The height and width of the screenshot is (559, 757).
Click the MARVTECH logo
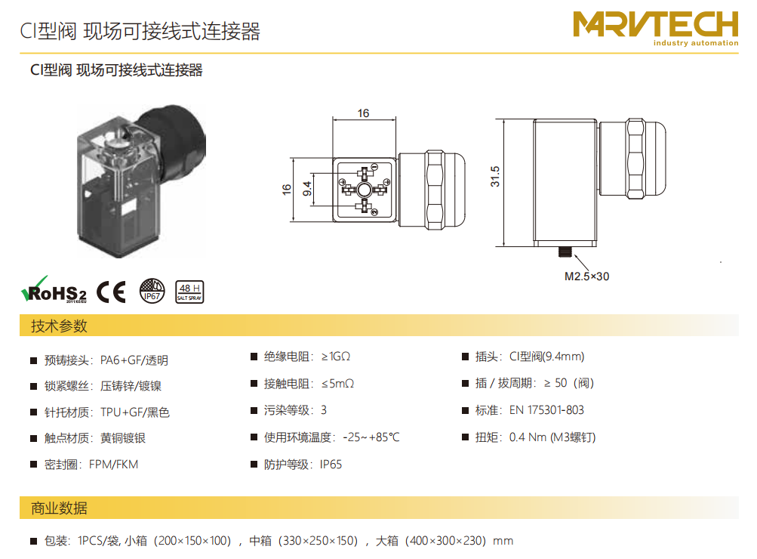(656, 28)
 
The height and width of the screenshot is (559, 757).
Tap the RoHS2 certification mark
(54, 290)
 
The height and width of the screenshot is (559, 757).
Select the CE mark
(111, 292)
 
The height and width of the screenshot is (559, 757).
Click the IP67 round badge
(152, 291)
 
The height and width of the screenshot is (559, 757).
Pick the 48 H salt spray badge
(189, 292)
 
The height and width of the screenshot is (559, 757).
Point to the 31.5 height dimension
(495, 176)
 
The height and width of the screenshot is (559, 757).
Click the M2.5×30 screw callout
(586, 276)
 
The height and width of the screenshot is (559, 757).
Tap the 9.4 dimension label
(307, 189)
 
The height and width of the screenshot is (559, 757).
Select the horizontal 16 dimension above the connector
(363, 113)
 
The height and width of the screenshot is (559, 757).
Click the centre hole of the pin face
(364, 190)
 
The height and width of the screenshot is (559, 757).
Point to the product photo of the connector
(141, 181)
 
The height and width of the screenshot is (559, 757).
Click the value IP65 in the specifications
(331, 465)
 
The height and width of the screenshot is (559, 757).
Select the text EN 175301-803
(546, 410)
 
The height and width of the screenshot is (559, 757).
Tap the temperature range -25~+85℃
(371, 437)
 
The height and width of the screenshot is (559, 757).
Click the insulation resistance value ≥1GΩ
(336, 357)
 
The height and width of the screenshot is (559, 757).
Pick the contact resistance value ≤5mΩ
(338, 384)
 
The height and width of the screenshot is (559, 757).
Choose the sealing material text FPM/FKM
(113, 465)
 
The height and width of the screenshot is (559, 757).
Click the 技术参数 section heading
(59, 326)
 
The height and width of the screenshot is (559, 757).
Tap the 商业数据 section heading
(59, 508)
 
